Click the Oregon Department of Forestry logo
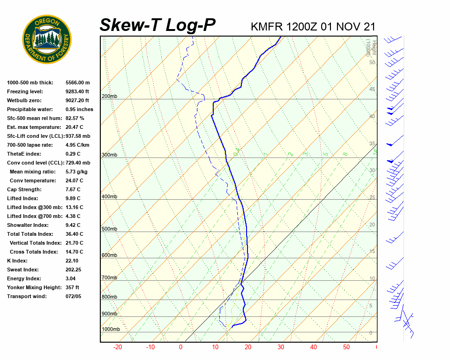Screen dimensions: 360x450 (47, 39)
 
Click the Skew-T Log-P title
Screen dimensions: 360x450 (157, 25)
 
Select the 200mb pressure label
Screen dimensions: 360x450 (110, 97)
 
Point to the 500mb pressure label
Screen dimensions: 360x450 (110, 229)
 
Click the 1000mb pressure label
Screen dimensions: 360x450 (111, 330)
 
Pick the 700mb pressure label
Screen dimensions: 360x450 (110, 278)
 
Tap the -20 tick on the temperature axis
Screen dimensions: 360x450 (117, 347)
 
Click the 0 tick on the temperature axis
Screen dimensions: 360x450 (181, 347)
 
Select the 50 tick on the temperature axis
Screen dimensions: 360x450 (346, 347)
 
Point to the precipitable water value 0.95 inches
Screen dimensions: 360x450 (79, 109)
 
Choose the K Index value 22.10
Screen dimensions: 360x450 (73, 261)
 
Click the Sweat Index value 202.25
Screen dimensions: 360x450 (74, 270)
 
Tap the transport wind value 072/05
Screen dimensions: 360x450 (74, 296)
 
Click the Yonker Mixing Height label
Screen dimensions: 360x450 (33, 287)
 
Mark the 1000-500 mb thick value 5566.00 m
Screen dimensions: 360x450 (78, 82)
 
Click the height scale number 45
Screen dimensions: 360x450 (372, 89)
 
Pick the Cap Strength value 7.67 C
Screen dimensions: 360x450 (73, 189)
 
